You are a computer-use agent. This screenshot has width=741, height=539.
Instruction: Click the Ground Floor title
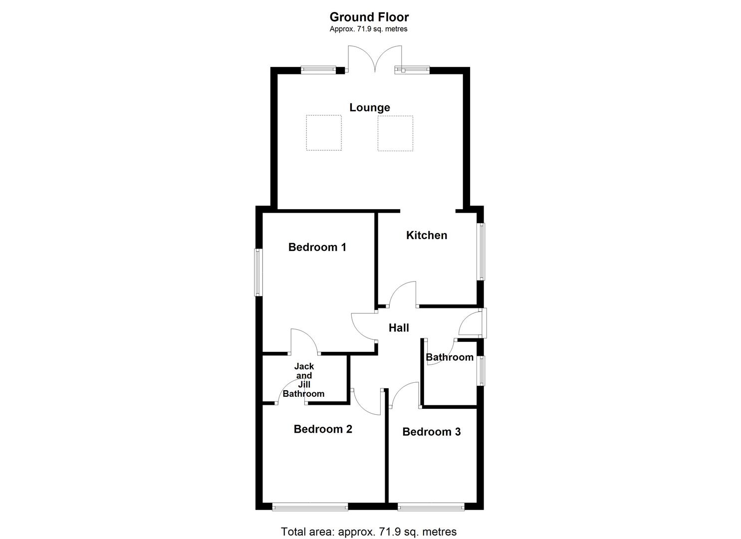click(x=369, y=17)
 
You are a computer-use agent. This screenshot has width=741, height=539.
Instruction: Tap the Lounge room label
click(x=369, y=107)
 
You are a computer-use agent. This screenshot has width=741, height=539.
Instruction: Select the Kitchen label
click(x=426, y=235)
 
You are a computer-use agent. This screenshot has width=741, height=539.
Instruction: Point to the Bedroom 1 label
click(x=317, y=247)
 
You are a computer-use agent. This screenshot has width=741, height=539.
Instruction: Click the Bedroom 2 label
click(x=323, y=429)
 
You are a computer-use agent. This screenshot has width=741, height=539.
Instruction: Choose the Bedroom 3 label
click(x=431, y=432)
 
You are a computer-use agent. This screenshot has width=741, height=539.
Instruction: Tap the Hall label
click(x=399, y=328)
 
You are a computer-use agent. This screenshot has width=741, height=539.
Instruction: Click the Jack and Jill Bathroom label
click(x=303, y=380)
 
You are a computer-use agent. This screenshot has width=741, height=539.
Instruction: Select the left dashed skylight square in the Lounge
click(x=323, y=133)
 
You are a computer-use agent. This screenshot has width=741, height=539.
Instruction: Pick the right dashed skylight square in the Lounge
click(x=395, y=133)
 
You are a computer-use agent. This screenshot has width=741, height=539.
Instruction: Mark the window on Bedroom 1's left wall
click(x=258, y=272)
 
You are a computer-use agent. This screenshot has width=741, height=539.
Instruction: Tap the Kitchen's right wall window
click(x=482, y=251)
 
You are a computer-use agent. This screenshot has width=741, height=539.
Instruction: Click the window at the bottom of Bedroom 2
click(x=310, y=507)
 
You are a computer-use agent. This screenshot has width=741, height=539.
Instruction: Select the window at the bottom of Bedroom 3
click(x=431, y=507)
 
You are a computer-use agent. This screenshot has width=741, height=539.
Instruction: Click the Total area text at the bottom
click(x=369, y=532)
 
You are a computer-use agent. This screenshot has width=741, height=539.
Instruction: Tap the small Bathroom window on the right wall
click(x=482, y=370)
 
